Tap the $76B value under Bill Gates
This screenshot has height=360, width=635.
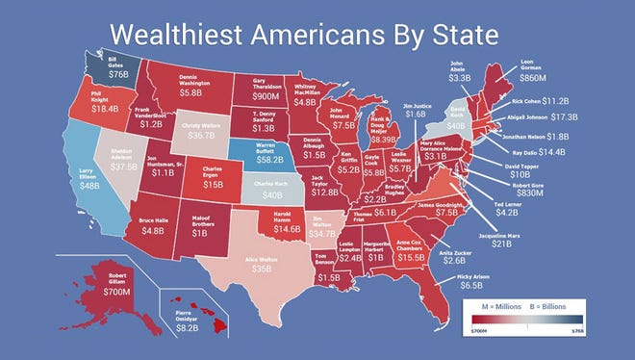[x=91, y=72]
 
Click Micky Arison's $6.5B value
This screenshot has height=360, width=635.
[x=470, y=286]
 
